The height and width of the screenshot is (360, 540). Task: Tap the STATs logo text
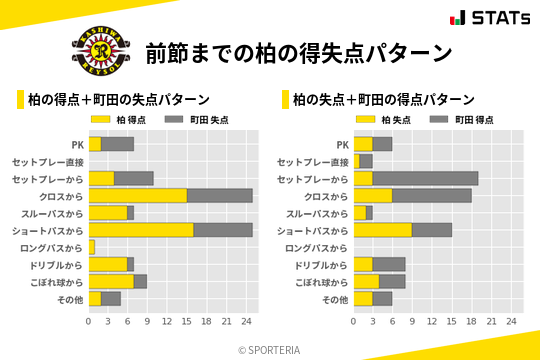(500, 17)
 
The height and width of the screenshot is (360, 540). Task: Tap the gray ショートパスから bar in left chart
(223, 229)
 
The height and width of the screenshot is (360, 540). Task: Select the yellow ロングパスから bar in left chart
(92, 246)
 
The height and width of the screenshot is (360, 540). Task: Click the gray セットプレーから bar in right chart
(425, 178)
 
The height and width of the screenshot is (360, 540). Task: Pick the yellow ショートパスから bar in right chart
(383, 229)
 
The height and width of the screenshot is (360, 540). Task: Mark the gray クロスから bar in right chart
(432, 195)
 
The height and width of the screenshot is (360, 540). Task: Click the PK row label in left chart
(77, 144)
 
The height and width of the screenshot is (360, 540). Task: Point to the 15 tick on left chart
(187, 321)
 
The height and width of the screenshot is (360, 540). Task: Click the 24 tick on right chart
(511, 321)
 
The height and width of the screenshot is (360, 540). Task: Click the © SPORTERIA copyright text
(270, 349)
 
